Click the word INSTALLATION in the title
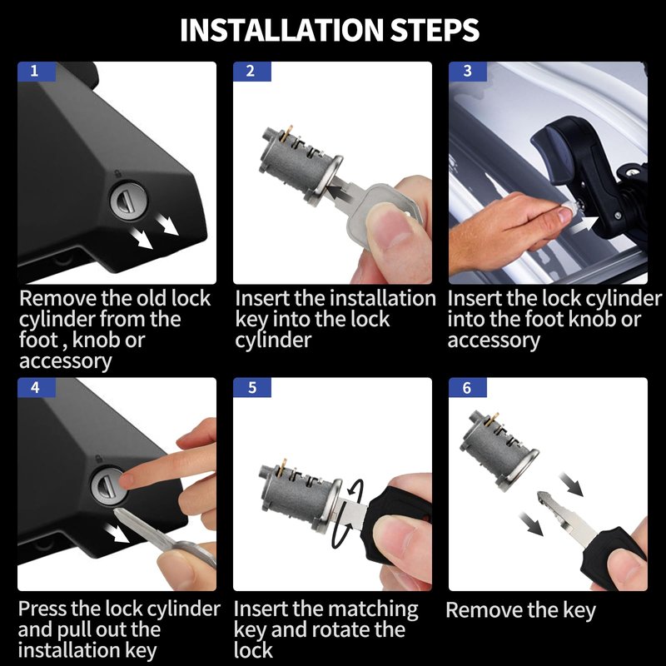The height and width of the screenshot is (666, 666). (281, 30)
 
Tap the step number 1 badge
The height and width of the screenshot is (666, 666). (37, 72)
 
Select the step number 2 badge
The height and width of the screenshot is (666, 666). (252, 72)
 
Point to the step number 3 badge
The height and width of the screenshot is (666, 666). (468, 72)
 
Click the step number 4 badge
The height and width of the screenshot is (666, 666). (37, 387)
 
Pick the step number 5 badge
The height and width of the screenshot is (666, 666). (252, 387)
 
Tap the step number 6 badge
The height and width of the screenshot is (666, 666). (468, 387)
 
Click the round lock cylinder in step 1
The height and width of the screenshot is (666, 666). (129, 201)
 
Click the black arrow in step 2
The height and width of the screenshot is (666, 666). (344, 190)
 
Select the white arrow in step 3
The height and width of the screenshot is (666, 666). (584, 225)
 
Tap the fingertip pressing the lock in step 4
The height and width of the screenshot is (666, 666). (128, 480)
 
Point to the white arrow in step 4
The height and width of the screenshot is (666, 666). (117, 533)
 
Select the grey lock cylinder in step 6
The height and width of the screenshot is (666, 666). (499, 450)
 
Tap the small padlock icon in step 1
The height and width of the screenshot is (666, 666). (117, 173)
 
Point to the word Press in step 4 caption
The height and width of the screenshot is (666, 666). (42, 609)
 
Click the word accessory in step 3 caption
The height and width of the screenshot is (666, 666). (494, 340)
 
